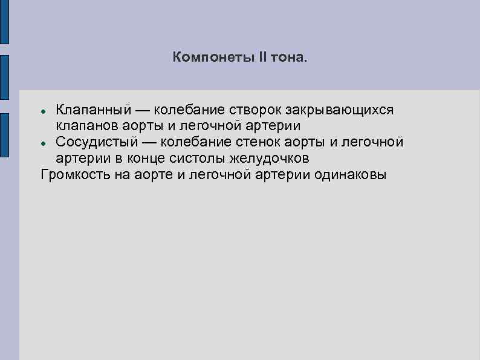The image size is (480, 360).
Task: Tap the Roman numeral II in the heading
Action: (262, 57)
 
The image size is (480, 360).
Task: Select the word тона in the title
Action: (289, 58)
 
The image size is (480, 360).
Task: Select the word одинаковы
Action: (350, 175)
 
